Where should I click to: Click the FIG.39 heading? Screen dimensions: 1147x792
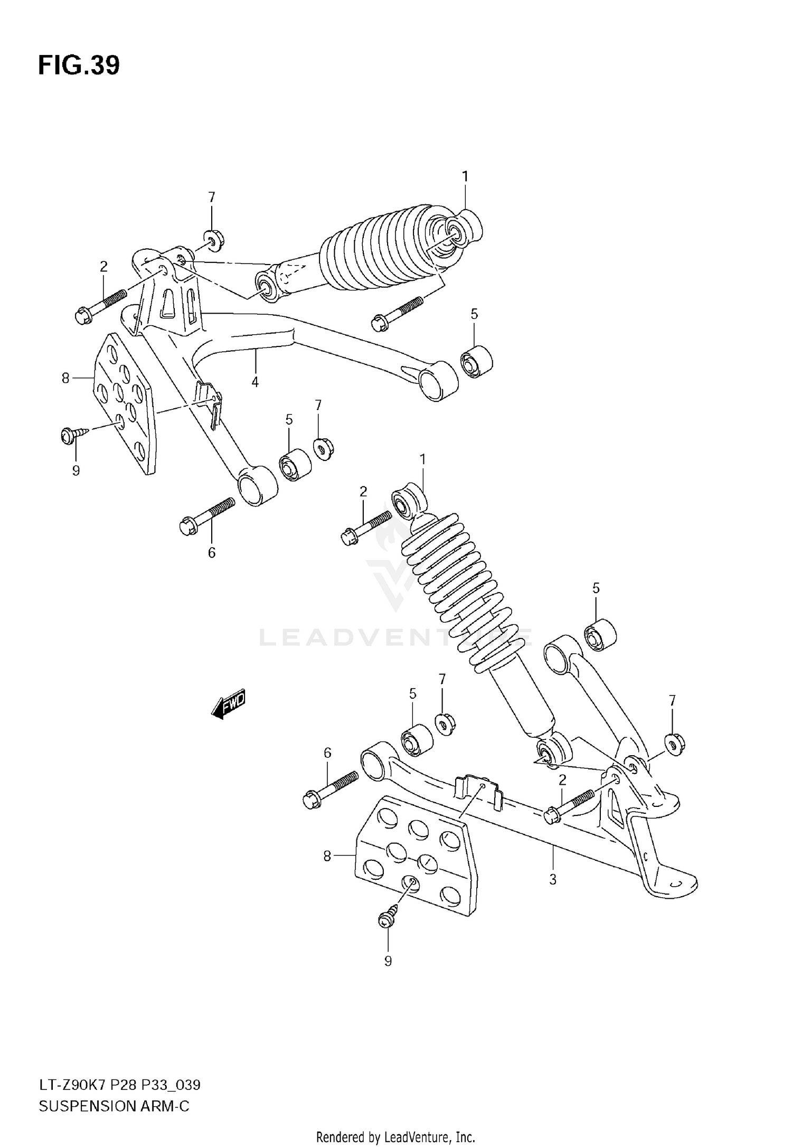pyautogui.click(x=79, y=66)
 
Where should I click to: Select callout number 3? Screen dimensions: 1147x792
pyautogui.click(x=553, y=880)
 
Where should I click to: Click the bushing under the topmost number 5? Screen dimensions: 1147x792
pyautogui.click(x=476, y=362)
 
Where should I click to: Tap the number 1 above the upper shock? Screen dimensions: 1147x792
pyautogui.click(x=465, y=176)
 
